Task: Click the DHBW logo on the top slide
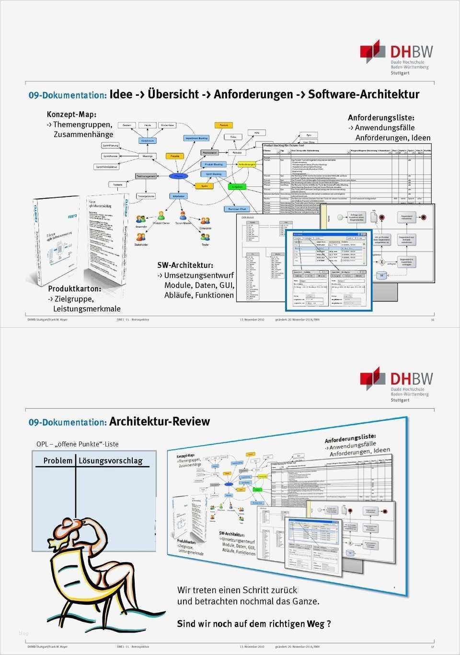[396, 57]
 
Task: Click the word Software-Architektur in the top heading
[363, 94]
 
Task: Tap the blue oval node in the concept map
[178, 176]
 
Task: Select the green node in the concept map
[237, 187]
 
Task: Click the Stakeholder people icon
[141, 238]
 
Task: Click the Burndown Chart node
[237, 209]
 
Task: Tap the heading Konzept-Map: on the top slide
[71, 115]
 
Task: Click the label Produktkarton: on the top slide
[74, 289]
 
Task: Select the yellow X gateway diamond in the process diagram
[381, 262]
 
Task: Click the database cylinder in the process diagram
[381, 276]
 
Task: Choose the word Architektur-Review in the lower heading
[159, 422]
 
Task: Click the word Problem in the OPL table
[57, 460]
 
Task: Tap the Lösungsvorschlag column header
[110, 460]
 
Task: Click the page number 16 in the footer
[432, 320]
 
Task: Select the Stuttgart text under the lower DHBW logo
[400, 400]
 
